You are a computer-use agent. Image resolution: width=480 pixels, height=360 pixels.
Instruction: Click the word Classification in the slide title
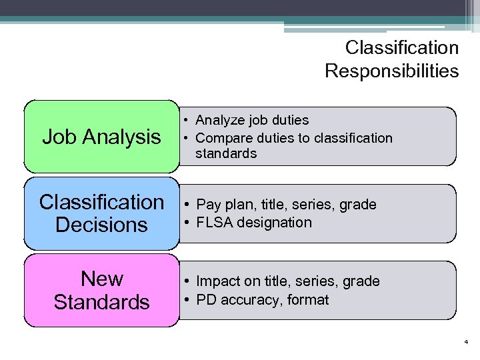click(402, 48)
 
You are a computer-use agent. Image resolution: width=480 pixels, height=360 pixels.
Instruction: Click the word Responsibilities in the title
click(392, 71)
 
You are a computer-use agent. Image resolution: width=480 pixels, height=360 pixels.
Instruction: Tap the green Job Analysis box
click(101, 137)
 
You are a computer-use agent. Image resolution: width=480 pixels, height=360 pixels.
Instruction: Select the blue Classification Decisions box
click(101, 213)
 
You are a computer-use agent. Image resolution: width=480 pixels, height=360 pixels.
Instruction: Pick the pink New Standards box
click(101, 290)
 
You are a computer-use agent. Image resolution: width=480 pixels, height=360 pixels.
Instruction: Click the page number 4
click(466, 342)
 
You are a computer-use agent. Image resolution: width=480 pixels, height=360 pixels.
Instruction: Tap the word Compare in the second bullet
click(221, 138)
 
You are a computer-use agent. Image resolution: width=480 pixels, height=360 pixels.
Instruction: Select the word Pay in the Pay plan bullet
click(208, 205)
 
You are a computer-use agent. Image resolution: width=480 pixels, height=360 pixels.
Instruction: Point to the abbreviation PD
click(205, 300)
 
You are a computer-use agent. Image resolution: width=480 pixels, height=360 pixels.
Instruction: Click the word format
click(309, 300)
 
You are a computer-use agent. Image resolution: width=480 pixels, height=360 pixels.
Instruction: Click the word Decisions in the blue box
click(101, 225)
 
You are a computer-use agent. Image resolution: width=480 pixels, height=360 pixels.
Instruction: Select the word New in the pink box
click(101, 278)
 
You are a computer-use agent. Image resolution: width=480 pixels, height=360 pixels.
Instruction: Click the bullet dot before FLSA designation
click(189, 223)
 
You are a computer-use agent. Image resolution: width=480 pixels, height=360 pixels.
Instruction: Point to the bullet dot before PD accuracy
click(189, 300)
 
